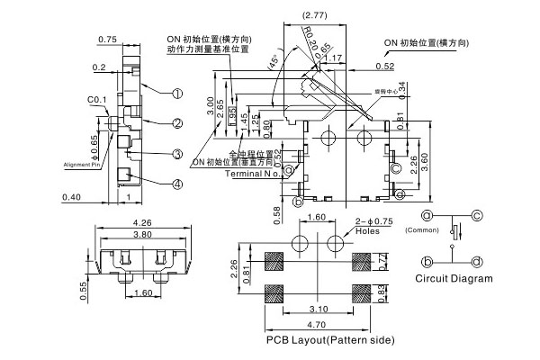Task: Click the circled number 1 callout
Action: [178, 93]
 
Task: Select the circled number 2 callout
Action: [178, 123]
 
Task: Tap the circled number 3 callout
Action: [178, 154]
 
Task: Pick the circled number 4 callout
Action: [178, 184]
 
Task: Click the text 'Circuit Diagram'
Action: [454, 278]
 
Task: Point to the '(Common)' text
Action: [421, 231]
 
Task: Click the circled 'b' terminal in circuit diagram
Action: [428, 261]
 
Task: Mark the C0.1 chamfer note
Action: [97, 100]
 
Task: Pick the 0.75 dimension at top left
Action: [107, 40]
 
